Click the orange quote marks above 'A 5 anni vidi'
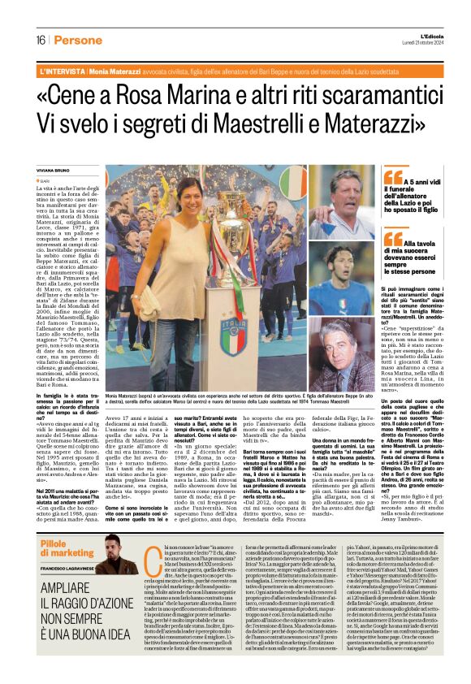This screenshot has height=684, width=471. pos(393,177)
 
